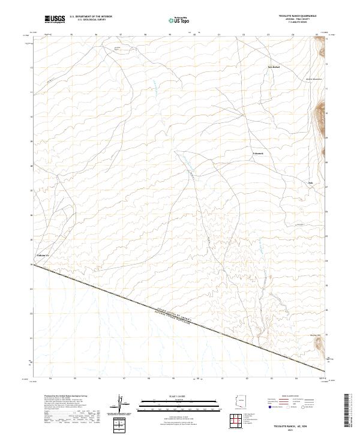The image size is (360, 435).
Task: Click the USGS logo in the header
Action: tap(55, 19)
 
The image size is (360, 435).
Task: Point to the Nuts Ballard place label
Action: tap(274, 67)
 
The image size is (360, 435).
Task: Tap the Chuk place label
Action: tap(310, 182)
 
